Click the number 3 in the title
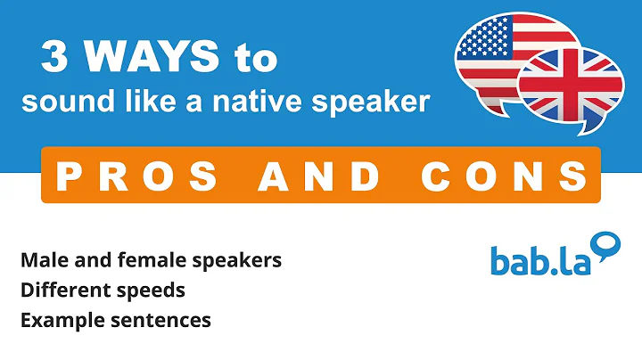pyautogui.click(x=55, y=59)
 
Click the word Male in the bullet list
pyautogui.click(x=41, y=261)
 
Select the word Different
pyautogui.click(x=60, y=290)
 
